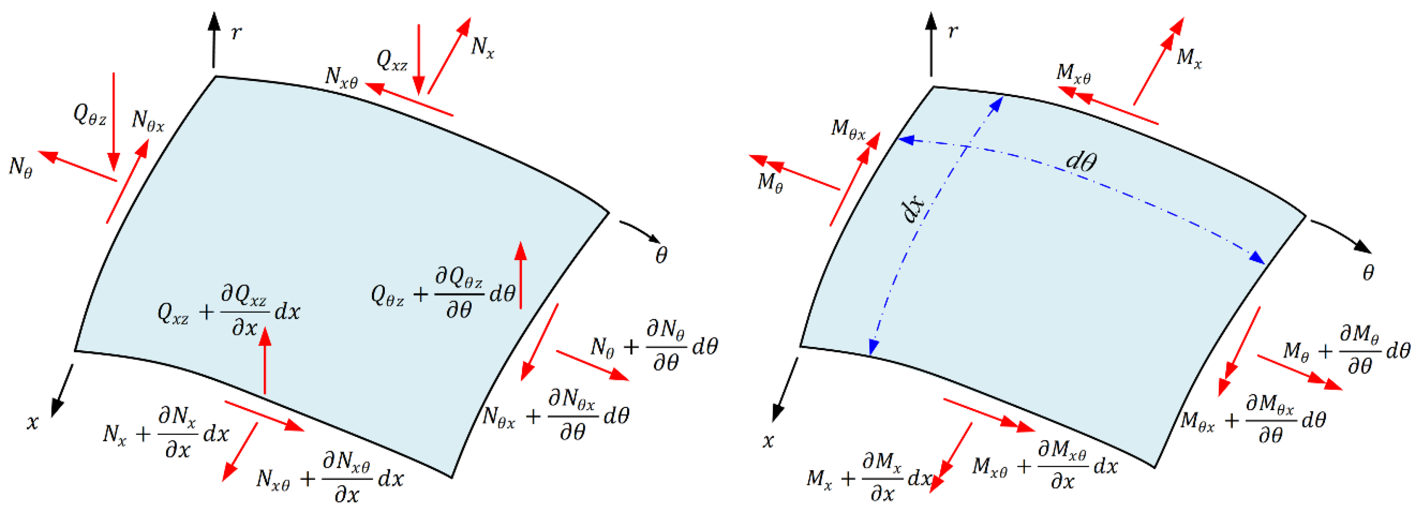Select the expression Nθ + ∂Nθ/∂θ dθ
653,346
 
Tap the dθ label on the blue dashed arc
1081,161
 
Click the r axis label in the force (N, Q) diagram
236,33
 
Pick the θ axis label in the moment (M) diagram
1368,273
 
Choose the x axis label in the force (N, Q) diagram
33,422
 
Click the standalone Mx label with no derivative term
1188,58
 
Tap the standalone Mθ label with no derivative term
770,182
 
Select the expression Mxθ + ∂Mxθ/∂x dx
1044,466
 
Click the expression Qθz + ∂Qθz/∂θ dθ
444,293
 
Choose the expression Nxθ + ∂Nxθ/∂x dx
330,478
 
